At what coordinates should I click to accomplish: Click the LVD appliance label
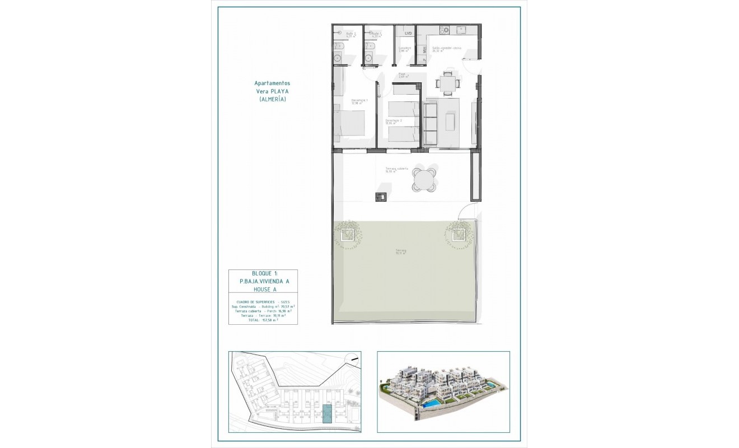pos(408,34)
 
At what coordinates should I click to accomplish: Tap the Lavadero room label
pos(405,49)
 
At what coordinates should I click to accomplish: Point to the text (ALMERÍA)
pos(272,99)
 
